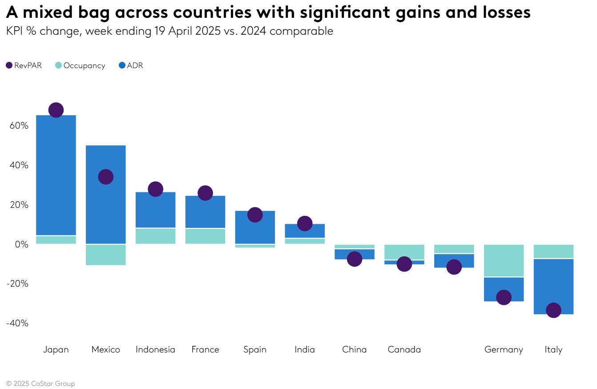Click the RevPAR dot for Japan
click(x=56, y=110)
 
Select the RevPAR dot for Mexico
click(x=105, y=177)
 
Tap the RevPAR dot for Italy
click(x=553, y=310)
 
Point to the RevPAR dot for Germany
click(x=504, y=297)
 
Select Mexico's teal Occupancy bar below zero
click(x=105, y=255)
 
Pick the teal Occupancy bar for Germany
click(x=504, y=260)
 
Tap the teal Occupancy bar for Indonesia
click(x=155, y=236)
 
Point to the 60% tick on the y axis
click(x=19, y=126)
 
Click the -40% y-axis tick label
click(x=17, y=323)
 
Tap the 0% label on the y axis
click(x=21, y=244)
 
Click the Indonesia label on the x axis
click(x=155, y=349)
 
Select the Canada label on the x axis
click(x=404, y=349)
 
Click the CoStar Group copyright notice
click(x=40, y=384)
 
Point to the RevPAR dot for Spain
click(x=255, y=215)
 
